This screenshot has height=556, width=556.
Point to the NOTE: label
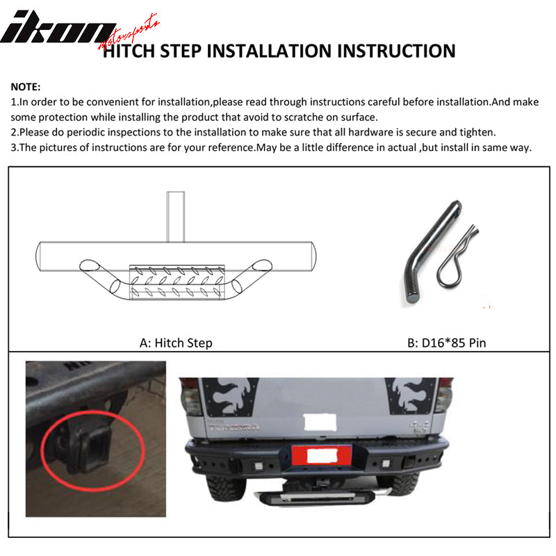(x=26, y=88)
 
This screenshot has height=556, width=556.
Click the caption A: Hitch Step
(x=176, y=343)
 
